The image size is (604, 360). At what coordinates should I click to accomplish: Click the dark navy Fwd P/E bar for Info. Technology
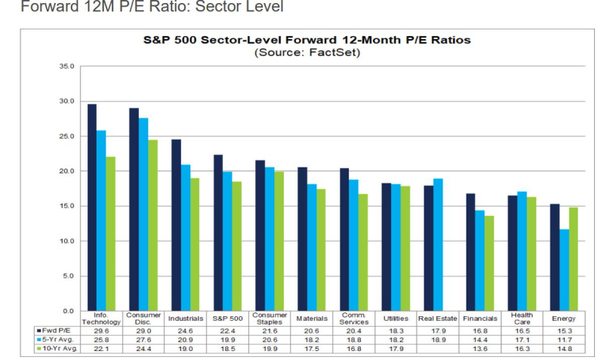tap(92, 208)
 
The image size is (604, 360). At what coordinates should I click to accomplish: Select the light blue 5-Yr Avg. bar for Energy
tap(564, 270)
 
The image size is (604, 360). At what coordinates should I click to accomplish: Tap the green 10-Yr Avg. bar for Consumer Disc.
tap(153, 225)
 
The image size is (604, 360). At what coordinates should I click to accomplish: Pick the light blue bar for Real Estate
tap(438, 245)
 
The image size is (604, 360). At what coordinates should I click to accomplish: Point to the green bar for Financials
tap(489, 263)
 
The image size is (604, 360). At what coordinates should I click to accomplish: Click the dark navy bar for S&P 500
tap(218, 233)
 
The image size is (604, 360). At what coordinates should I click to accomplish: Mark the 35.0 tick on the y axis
tap(66, 66)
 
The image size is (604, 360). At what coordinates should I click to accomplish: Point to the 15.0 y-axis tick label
tap(66, 206)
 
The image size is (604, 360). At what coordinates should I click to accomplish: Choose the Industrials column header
tap(185, 318)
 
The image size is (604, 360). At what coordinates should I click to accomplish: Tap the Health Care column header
tap(522, 318)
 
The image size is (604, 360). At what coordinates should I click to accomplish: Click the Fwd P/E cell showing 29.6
tap(101, 331)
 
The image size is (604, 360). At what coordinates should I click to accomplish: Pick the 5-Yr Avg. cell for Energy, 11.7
tap(564, 340)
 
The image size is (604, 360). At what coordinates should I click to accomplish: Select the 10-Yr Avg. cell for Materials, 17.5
tap(312, 349)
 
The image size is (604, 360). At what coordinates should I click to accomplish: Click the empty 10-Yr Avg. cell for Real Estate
tap(438, 349)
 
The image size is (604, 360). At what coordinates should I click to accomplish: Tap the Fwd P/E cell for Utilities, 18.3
tap(396, 331)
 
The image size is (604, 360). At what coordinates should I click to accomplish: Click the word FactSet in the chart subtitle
tap(333, 52)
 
